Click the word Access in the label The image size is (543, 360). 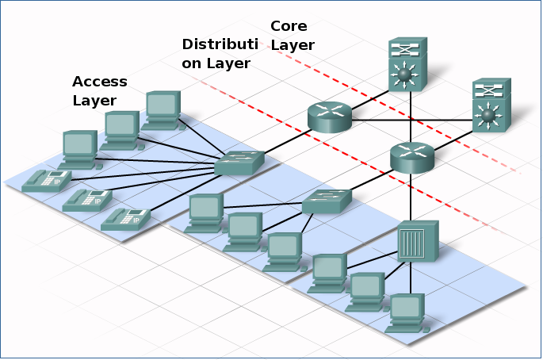99,82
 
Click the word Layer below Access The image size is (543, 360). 94,101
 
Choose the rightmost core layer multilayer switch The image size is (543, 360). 491,106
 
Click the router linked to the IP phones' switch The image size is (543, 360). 329,117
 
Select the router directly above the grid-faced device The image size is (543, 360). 412,157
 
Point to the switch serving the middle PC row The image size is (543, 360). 326,201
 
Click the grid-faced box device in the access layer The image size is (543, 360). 417,242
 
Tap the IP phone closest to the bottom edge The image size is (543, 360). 125,219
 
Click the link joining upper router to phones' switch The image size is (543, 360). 284,141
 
